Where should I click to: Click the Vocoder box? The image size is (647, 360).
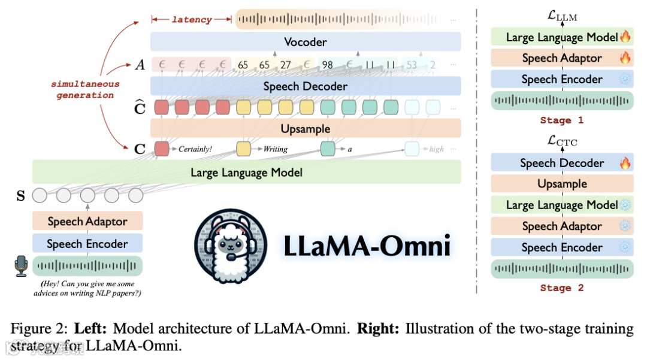[306, 42]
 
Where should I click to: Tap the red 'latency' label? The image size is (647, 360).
[192, 20]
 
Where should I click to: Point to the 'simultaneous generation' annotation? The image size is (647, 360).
[84, 90]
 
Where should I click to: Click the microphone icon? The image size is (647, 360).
[22, 266]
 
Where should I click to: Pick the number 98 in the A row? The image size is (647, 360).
[327, 65]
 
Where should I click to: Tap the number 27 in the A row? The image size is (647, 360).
[285, 65]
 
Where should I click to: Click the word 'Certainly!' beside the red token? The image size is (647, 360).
[195, 149]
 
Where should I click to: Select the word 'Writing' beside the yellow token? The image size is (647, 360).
[276, 149]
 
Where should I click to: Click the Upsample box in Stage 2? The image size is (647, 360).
[562, 184]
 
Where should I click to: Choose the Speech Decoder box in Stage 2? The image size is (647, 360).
[562, 163]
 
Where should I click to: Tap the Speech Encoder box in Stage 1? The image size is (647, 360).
[562, 80]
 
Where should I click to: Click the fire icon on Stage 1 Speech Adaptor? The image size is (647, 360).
[625, 58]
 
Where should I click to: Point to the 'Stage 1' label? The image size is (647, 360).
[561, 120]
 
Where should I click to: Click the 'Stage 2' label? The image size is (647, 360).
[561, 288]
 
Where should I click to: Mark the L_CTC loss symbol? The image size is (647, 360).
[563, 141]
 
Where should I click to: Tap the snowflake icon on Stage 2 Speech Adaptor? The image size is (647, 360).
[625, 226]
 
